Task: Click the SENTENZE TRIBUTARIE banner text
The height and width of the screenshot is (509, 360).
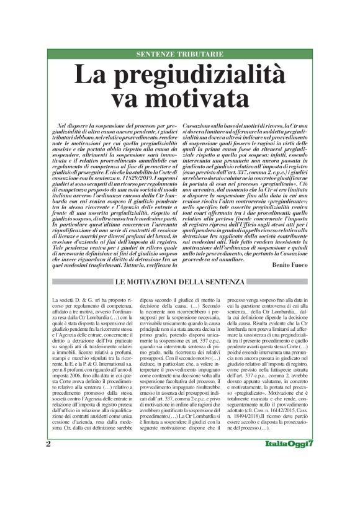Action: click(x=180, y=55)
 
